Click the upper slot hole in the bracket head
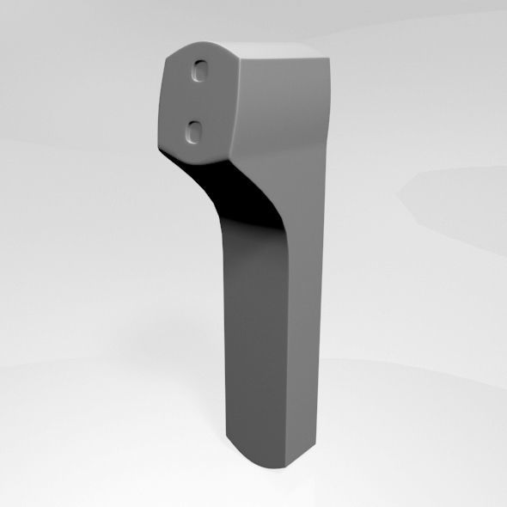(203, 71)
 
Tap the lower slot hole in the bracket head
(195, 131)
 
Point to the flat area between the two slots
(199, 101)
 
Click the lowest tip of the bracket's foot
(273, 468)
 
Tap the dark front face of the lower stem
(253, 344)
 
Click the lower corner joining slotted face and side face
(229, 157)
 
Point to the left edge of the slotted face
(163, 99)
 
